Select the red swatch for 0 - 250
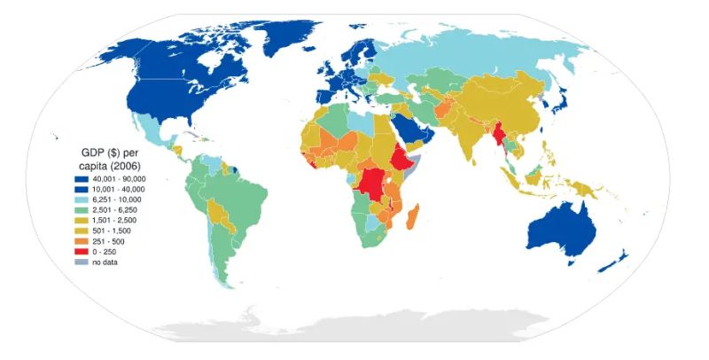pyautogui.click(x=80, y=251)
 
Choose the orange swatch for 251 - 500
pyautogui.click(x=80, y=240)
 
